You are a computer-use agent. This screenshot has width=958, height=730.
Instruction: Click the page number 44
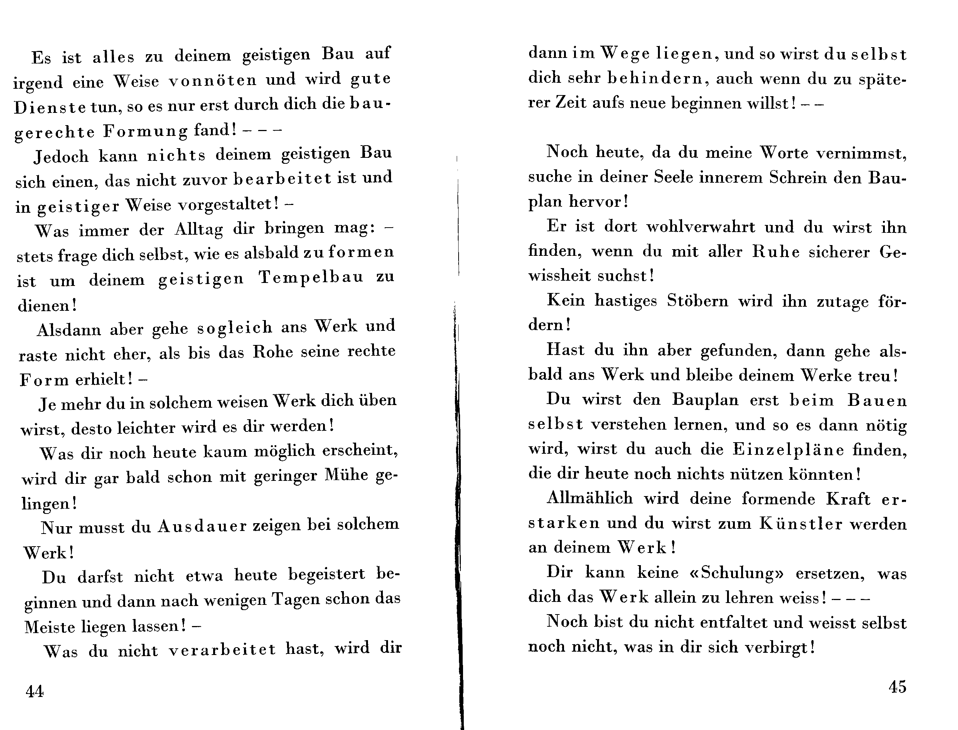click(35, 691)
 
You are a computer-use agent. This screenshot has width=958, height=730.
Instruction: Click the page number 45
click(897, 687)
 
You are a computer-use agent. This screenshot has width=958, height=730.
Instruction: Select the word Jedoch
click(61, 156)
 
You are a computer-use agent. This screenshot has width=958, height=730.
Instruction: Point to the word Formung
click(146, 131)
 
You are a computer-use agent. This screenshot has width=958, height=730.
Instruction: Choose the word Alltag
click(199, 229)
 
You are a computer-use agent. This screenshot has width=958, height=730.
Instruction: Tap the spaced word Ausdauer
click(202, 526)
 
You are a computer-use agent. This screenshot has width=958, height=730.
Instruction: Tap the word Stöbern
click(697, 301)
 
